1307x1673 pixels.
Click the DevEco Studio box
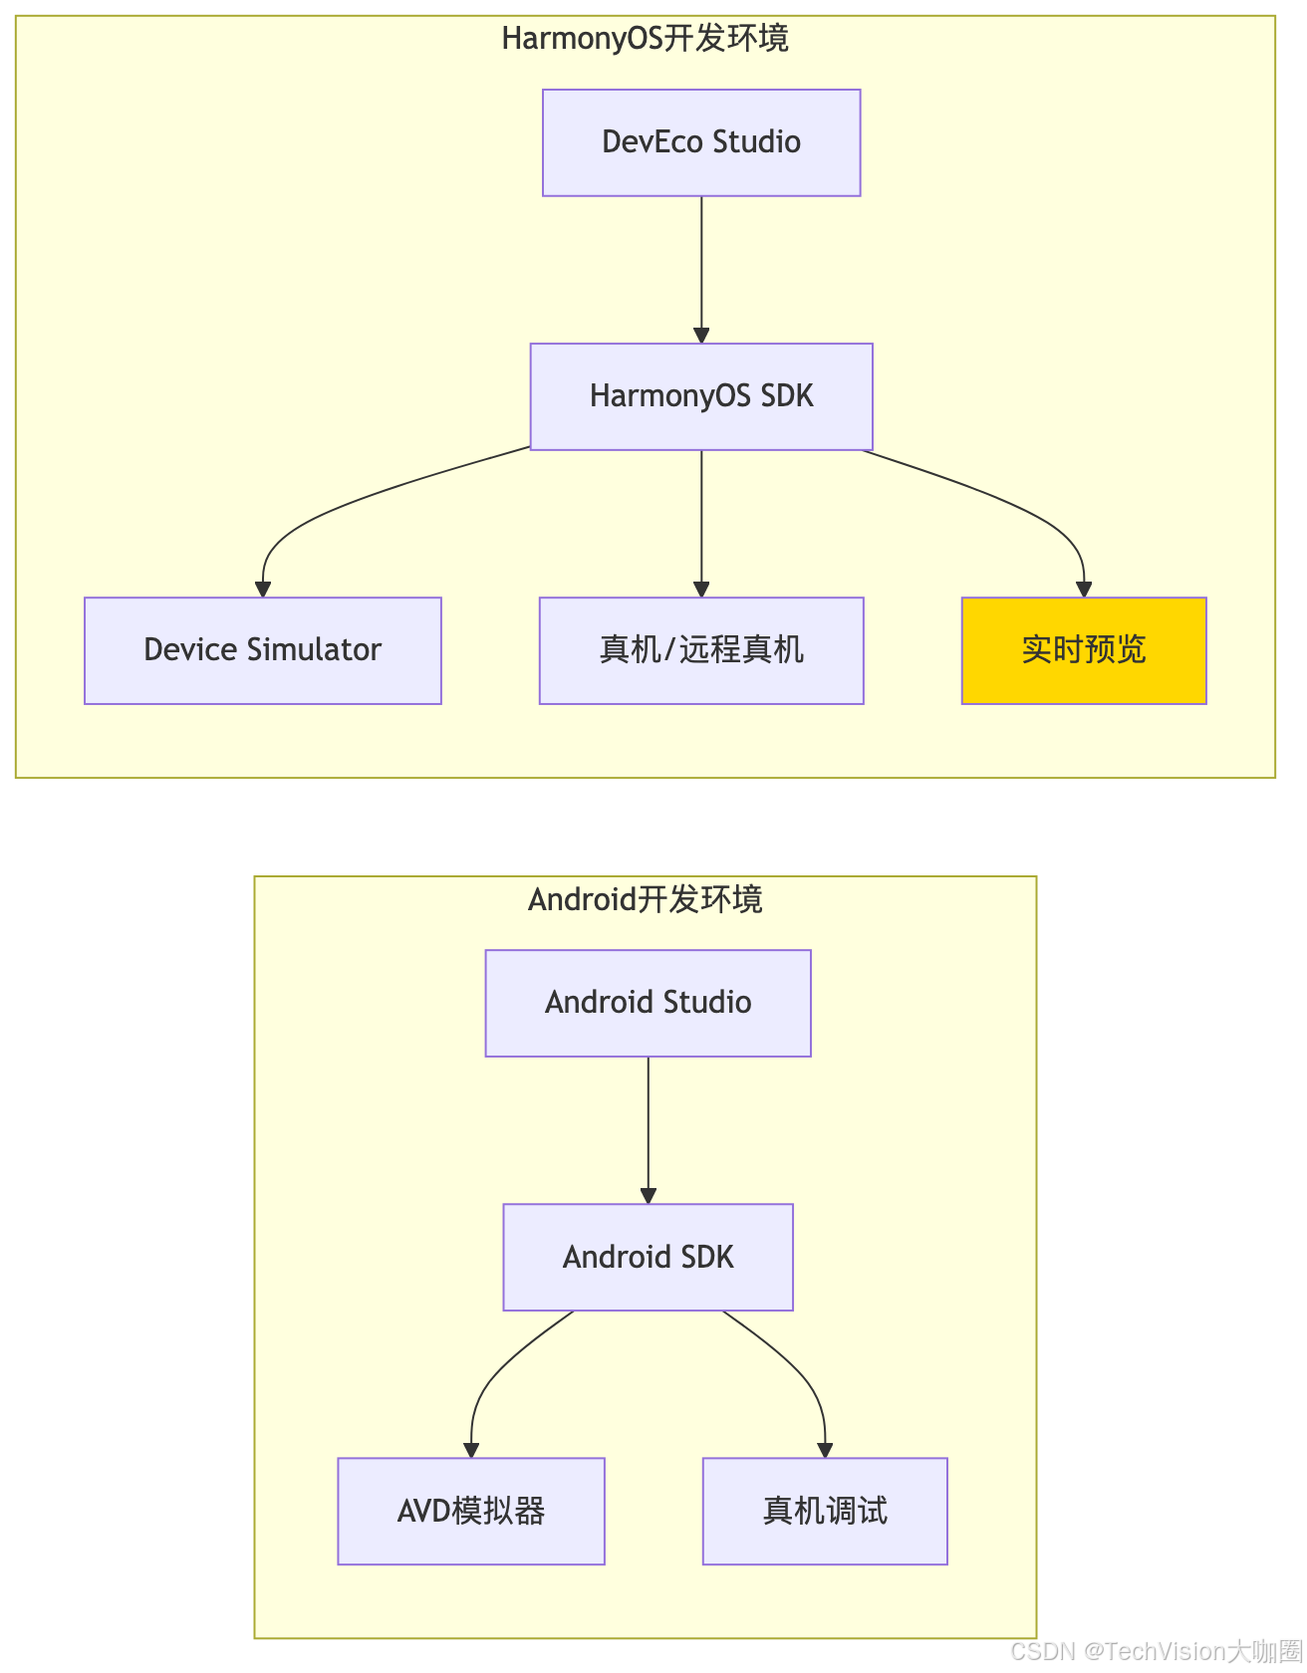[x=701, y=142]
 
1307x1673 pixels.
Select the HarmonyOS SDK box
[x=701, y=396]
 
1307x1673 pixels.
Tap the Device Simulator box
[x=263, y=650]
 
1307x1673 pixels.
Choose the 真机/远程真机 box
[x=701, y=650]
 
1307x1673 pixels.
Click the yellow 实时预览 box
[x=1084, y=650]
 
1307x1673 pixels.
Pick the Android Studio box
[x=648, y=1003]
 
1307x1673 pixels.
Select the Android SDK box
[x=648, y=1257]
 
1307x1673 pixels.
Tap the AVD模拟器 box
[x=471, y=1511]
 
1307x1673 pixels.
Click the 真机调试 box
[x=825, y=1511]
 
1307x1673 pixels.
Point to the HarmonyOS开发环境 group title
[x=646, y=39]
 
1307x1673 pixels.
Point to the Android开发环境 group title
[x=646, y=899]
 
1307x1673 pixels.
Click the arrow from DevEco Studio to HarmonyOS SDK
[x=701, y=269]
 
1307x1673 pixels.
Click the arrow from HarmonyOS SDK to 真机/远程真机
[x=701, y=523]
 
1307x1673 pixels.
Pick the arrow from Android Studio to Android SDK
[x=648, y=1129]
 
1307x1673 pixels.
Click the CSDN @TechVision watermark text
[x=1156, y=1651]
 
